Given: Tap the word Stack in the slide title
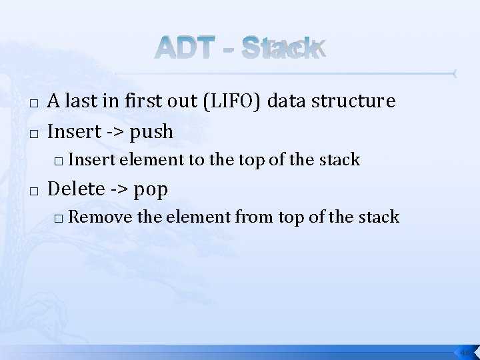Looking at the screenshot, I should pyautogui.click(x=283, y=48).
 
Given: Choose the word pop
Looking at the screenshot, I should pyautogui.click(x=151, y=189).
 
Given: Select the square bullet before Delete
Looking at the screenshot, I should pyautogui.click(x=34, y=191).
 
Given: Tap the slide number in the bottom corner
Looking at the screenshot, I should pyautogui.click(x=465, y=351).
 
